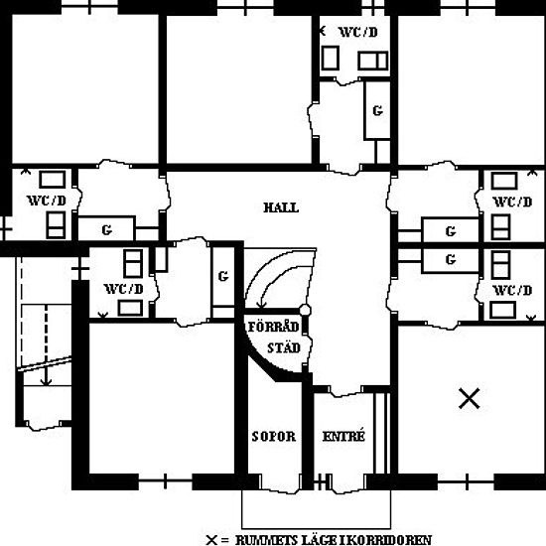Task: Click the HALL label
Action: [281, 207]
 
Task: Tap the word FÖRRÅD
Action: [274, 327]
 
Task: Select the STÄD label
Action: [284, 347]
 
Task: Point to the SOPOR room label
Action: [274, 437]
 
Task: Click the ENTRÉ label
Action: [343, 436]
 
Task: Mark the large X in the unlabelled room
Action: [469, 398]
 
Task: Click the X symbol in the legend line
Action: [211, 540]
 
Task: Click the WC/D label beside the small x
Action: [358, 33]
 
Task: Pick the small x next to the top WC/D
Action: [323, 31]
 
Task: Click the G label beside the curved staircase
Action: [223, 276]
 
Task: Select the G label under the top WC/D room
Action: [378, 111]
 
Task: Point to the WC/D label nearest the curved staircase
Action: [124, 289]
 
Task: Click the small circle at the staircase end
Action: [305, 310]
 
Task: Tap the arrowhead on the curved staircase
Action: [261, 305]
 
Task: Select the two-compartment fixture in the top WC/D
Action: [373, 61]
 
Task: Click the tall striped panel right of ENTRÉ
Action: [381, 433]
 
